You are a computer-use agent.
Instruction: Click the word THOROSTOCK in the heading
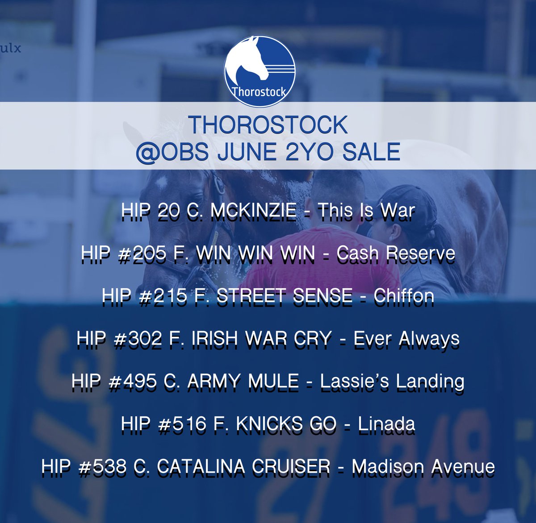(268, 125)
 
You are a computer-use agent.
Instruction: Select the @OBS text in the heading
(172, 152)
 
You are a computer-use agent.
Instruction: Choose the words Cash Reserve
(396, 253)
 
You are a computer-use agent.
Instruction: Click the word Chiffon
(404, 295)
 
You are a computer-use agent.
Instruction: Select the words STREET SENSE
(285, 295)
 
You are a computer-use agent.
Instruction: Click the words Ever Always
(406, 338)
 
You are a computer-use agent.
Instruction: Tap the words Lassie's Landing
(392, 381)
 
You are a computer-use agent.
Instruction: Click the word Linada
(386, 424)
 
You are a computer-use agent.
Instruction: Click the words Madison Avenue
(423, 467)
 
